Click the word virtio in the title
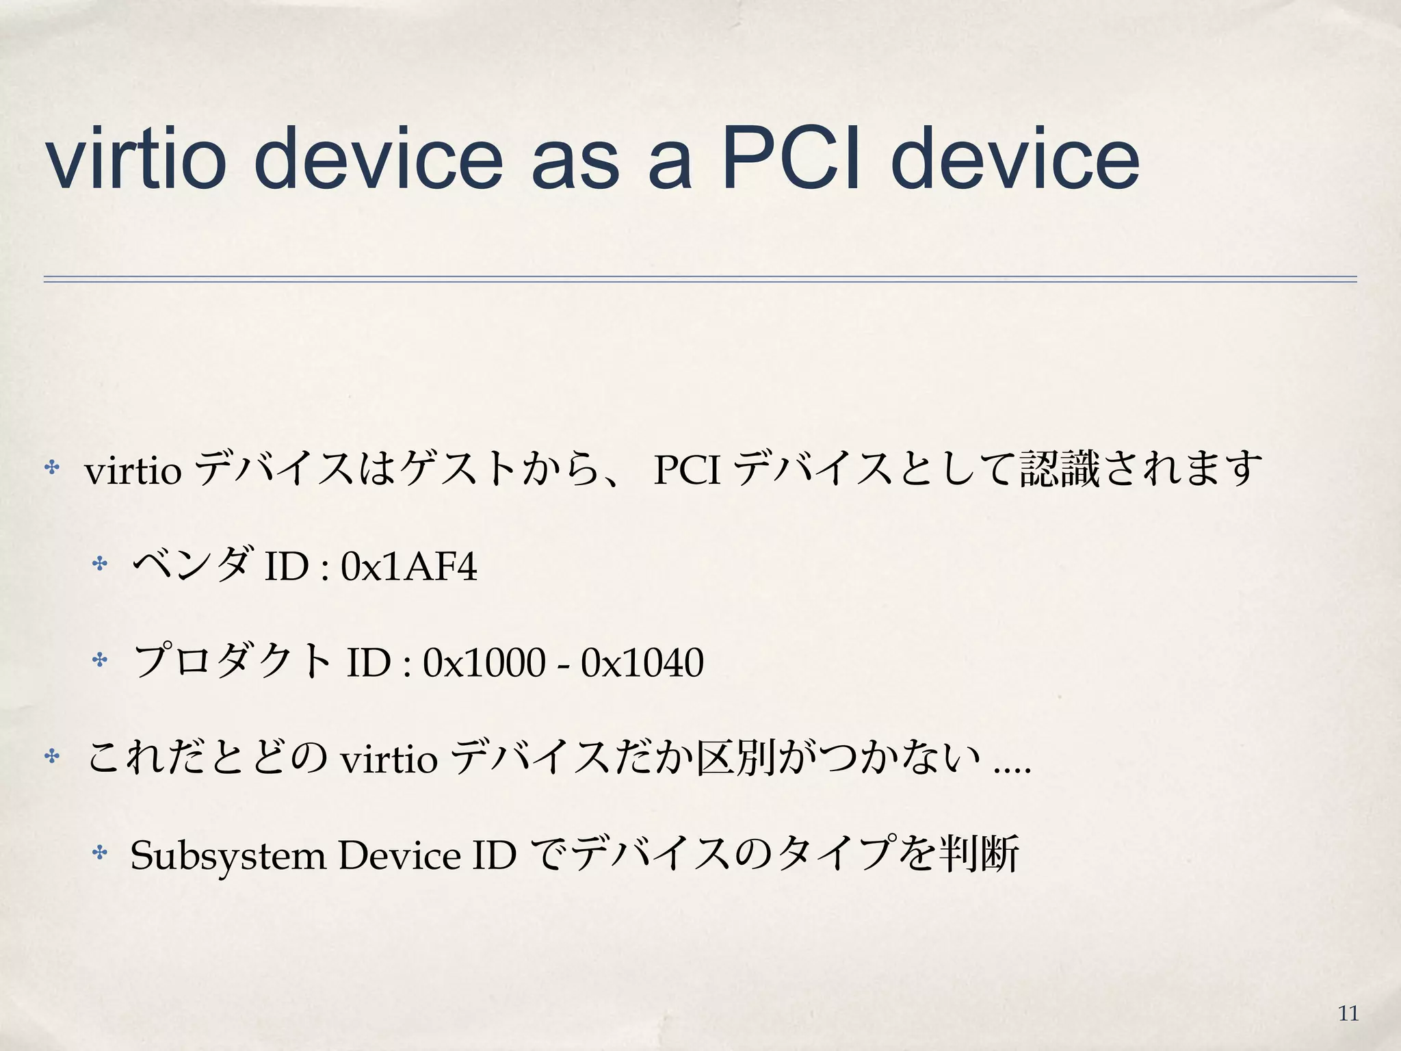tap(135, 159)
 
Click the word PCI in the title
tap(791, 159)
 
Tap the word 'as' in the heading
tap(575, 164)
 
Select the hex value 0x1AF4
tap(408, 567)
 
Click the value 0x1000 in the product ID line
tap(484, 662)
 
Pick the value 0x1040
tap(642, 662)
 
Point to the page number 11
tap(1348, 1013)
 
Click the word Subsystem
tap(228, 856)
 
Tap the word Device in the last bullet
tap(400, 855)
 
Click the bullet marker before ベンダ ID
tap(100, 565)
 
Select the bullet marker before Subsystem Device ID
tap(100, 853)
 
